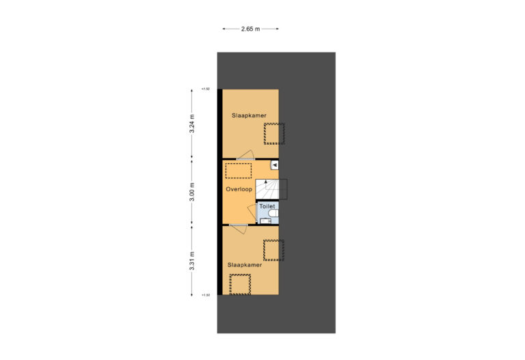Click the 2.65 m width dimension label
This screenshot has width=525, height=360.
250,29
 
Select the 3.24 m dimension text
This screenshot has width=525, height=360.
192,124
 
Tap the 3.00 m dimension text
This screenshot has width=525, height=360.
192,191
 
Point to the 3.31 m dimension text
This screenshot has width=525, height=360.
192,261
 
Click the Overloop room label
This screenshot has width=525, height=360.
239,189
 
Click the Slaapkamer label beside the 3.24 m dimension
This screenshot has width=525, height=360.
249,115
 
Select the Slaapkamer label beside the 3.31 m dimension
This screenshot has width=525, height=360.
245,265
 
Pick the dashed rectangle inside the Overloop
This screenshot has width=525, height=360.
239,169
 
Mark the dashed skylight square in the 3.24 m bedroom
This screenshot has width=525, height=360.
275,133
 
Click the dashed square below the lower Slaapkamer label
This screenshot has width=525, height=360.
240,283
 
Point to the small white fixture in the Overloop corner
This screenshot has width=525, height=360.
274,165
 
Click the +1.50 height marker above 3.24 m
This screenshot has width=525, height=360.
205,89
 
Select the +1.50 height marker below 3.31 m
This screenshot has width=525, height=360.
205,295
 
